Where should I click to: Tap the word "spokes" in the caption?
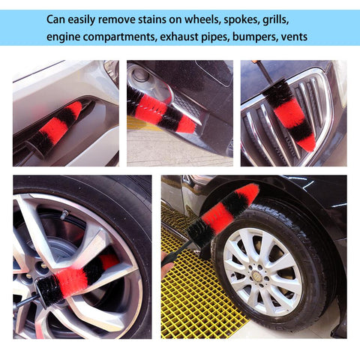coord(241,20)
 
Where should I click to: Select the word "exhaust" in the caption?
coord(179,37)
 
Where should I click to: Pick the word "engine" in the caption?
coord(63,37)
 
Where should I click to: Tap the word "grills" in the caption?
coord(276,20)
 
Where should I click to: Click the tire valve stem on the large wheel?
coord(64,214)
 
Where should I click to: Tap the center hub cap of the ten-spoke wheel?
coord(256,275)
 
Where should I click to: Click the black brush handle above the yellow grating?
coord(178,253)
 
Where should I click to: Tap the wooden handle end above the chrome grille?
coord(255,61)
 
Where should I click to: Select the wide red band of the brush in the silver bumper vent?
coord(54,130)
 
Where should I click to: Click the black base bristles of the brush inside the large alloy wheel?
coord(49,291)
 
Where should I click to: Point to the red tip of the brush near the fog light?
coord(187,125)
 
